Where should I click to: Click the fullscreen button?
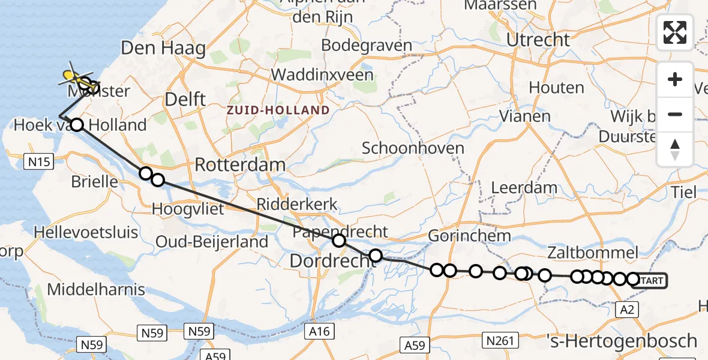point(675,32)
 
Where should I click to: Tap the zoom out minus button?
point(675,114)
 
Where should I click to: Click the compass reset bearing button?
point(675,148)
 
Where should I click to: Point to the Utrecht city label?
point(538,40)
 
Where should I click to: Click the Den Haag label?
point(163,48)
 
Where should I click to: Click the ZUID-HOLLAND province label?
point(278,110)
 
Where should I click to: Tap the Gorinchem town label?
point(469,236)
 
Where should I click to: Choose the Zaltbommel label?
point(592,252)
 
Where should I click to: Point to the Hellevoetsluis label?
point(86,232)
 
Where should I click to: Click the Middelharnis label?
point(96,289)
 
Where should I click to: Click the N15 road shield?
point(38,161)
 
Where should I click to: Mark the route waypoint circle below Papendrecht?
point(339,241)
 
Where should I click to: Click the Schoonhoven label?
point(413,148)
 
